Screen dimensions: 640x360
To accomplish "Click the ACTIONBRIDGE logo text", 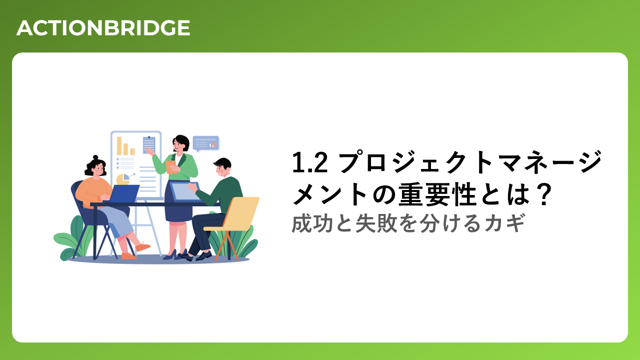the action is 103,28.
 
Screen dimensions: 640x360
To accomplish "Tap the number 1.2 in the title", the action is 309,162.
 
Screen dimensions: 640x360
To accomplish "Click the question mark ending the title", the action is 542,194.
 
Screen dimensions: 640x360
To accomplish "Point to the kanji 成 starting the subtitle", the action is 301,223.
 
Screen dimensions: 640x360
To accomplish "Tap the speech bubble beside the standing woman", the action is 206,143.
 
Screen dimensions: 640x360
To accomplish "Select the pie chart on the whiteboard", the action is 123,179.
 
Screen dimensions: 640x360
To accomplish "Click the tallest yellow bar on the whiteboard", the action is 119,146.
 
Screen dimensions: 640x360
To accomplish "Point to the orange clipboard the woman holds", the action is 171,167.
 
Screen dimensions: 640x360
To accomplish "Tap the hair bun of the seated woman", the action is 95,157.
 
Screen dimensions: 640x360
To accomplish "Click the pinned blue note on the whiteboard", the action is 149,145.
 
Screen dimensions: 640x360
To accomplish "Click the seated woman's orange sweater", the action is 93,192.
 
